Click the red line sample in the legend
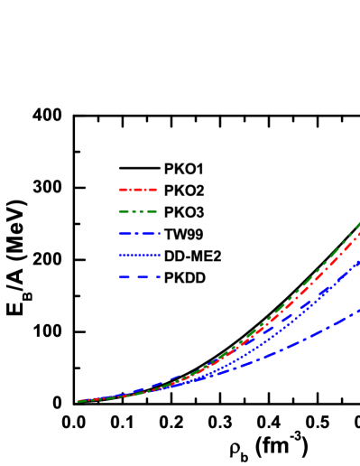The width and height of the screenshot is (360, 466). (x=138, y=190)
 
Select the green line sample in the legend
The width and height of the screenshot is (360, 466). (x=138, y=211)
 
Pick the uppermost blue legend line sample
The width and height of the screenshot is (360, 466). (x=139, y=233)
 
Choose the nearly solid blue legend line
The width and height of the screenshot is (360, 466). (x=139, y=255)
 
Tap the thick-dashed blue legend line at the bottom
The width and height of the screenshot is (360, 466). (x=139, y=277)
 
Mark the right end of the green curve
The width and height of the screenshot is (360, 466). (x=359, y=222)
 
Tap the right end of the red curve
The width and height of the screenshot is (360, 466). (x=359, y=233)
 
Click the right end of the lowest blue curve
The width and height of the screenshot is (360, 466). (x=359, y=311)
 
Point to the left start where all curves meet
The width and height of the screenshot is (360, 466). (x=79, y=400)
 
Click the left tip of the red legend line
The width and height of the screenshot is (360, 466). (x=119, y=190)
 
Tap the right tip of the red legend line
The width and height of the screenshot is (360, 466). (x=157, y=190)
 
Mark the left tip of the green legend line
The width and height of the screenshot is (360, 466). (x=119, y=211)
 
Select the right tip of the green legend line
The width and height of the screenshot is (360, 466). (x=157, y=211)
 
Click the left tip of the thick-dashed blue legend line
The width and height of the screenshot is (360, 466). (x=119, y=277)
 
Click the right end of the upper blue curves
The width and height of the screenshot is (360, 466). (x=359, y=262)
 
